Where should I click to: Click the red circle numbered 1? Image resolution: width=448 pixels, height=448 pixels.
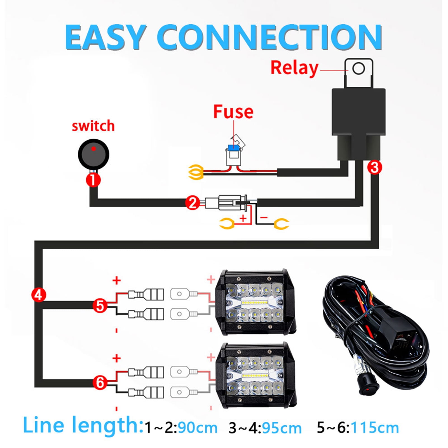93,179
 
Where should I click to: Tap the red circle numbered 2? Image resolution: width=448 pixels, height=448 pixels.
193,203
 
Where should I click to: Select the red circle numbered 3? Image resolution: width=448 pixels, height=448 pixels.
375,167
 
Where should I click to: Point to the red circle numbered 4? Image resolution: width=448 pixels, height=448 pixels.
39,295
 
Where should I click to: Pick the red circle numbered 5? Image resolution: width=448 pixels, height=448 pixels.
100,306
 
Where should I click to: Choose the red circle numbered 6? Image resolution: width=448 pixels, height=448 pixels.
100,383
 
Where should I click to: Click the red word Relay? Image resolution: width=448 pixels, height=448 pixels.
294,68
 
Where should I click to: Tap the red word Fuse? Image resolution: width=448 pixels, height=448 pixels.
233,112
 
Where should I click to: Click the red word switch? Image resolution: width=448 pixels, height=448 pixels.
93,126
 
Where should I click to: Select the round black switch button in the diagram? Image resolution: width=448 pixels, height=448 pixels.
93,154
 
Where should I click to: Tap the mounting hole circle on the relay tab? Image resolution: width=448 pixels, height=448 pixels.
358,68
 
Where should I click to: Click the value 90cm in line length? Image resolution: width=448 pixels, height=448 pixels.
198,428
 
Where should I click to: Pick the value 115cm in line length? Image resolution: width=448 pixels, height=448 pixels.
375,428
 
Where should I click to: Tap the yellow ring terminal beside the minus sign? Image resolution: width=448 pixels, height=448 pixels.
281,224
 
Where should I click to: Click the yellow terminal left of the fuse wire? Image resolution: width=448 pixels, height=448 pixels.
196,172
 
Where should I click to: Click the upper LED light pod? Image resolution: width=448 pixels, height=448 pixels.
255,302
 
